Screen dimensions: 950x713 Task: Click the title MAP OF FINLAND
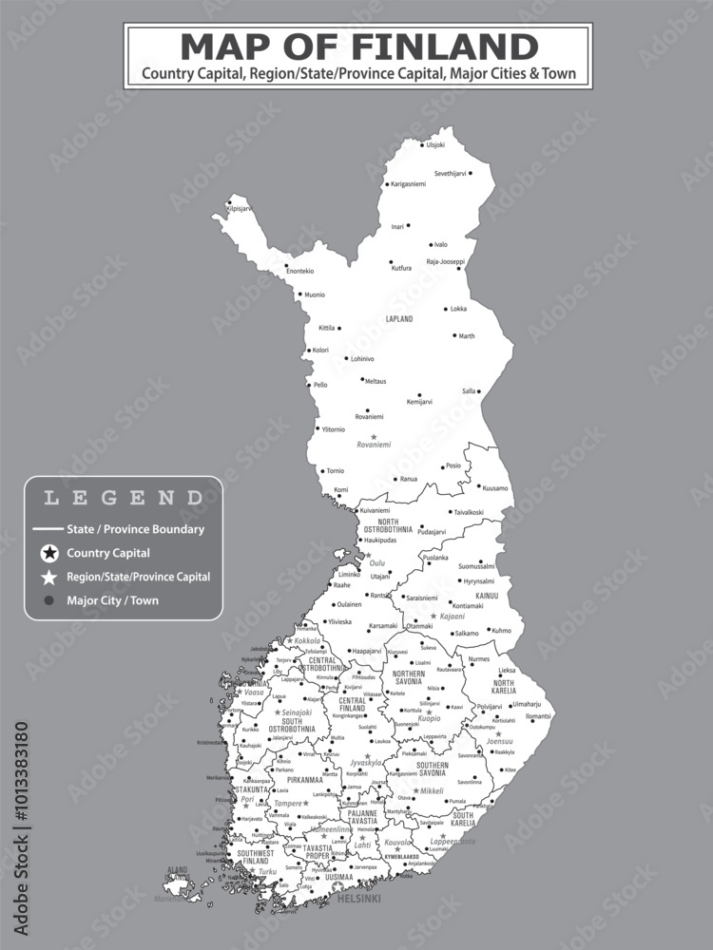pos(358,46)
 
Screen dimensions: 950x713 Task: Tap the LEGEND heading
pos(124,497)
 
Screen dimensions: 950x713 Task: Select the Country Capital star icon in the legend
pos(49,553)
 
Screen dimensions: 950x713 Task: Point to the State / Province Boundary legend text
pos(135,529)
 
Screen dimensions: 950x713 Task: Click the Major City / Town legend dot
pos(49,600)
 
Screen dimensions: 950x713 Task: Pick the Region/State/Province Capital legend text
pos(138,577)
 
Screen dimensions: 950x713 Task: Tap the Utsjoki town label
pos(434,144)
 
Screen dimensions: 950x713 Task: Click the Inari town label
pos(397,227)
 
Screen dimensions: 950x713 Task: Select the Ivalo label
pos(440,244)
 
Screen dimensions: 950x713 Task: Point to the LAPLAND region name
pos(398,319)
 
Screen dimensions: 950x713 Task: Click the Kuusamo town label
pos(495,488)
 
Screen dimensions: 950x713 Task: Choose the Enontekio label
pos(299,271)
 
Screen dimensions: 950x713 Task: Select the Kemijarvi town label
pos(419,402)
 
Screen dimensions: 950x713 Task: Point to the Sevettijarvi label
pos(451,174)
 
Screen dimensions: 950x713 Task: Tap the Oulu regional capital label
pos(377,562)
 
